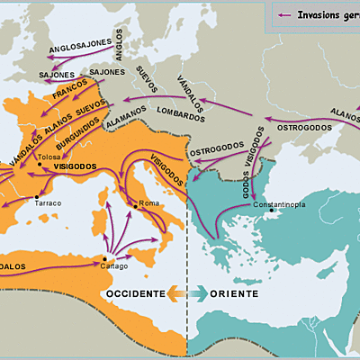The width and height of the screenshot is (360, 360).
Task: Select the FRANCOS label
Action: tap(70, 93)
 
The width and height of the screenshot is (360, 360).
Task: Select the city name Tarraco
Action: tap(48, 203)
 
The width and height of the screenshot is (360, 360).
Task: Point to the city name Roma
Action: tap(148, 203)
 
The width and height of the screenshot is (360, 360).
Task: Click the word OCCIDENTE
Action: tap(135, 293)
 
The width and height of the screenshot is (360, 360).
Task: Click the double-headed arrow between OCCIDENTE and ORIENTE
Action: tap(186, 293)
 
